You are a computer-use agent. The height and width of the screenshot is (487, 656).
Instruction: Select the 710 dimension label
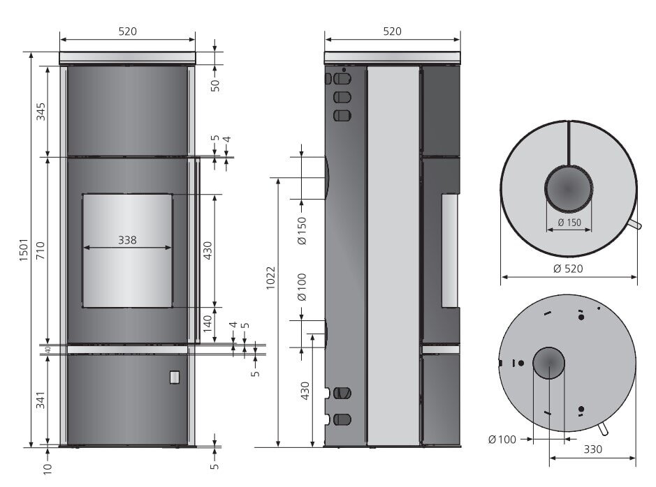(40, 250)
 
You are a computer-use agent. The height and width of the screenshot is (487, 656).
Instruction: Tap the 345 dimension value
(40, 112)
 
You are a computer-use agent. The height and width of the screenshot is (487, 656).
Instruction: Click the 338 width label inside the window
(127, 239)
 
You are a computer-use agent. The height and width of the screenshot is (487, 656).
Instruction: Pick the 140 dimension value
(207, 324)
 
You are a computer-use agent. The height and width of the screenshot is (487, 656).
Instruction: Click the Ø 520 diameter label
(568, 268)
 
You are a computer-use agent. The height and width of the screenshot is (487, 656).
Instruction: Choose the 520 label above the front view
(127, 31)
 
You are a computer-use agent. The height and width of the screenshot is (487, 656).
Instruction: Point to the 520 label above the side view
(393, 31)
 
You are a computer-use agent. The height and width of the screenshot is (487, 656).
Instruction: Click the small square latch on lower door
(173, 377)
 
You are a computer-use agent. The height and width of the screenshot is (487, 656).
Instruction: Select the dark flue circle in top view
(569, 188)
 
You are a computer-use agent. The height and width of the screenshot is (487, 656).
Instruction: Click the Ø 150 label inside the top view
(569, 223)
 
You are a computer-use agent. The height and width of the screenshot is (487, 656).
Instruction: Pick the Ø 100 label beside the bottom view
(502, 440)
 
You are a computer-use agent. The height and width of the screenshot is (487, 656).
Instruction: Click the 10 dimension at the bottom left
(48, 469)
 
